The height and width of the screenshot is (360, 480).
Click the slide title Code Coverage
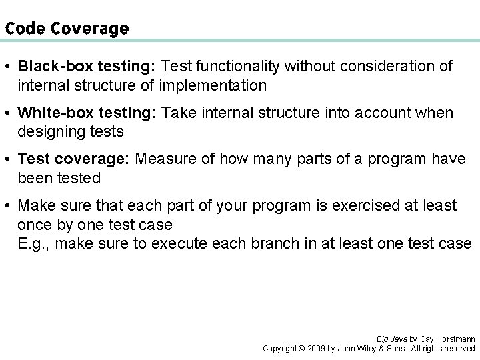[67, 29]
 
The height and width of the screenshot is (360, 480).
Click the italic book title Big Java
[391, 339]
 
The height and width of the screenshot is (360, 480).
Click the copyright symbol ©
[301, 349]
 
